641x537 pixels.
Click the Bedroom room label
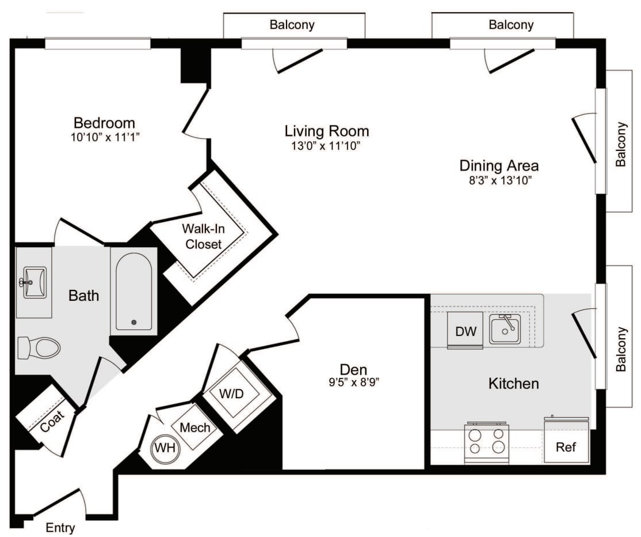(104, 123)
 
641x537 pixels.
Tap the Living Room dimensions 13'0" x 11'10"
(326, 146)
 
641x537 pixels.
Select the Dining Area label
(499, 165)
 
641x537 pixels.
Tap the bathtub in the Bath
(133, 292)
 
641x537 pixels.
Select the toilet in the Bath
(39, 348)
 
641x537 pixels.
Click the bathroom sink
(34, 282)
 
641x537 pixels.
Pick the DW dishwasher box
(465, 331)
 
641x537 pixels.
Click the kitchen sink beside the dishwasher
(505, 329)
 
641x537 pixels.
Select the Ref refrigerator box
(566, 447)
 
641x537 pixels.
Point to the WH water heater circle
(165, 447)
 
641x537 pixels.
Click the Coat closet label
(52, 425)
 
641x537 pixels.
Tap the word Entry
(60, 527)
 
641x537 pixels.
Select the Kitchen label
(513, 383)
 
